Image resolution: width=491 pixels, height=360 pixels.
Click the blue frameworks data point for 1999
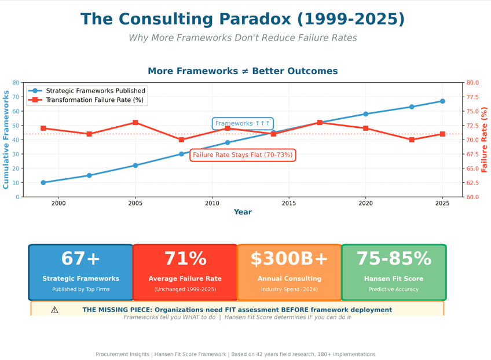point(43,183)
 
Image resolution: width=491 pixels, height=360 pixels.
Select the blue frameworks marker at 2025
point(442,101)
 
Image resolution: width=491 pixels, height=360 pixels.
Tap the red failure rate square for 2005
point(135,123)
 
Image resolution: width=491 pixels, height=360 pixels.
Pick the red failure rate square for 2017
point(320,123)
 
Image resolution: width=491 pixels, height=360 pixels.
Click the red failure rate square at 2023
point(412,139)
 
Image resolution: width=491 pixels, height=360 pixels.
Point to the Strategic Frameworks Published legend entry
point(96,91)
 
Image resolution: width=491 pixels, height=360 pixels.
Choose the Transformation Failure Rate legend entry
point(94,100)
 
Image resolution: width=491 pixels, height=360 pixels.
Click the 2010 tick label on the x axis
point(212,203)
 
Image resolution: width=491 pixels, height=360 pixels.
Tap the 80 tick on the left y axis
point(15,83)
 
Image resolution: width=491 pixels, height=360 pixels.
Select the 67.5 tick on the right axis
point(472,155)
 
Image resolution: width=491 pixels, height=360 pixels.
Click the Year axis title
point(243,212)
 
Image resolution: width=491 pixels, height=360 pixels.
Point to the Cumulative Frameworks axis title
point(6,139)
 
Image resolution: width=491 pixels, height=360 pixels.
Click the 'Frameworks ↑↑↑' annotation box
point(243,123)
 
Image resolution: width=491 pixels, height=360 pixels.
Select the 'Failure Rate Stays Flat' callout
point(243,155)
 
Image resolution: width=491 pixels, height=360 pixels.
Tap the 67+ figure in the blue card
point(81,259)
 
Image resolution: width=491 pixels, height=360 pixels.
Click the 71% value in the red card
point(185,259)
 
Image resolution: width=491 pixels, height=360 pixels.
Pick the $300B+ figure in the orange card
point(289,259)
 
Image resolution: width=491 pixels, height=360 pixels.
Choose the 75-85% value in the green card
point(394,259)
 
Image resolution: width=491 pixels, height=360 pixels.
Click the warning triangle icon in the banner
point(54,310)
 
